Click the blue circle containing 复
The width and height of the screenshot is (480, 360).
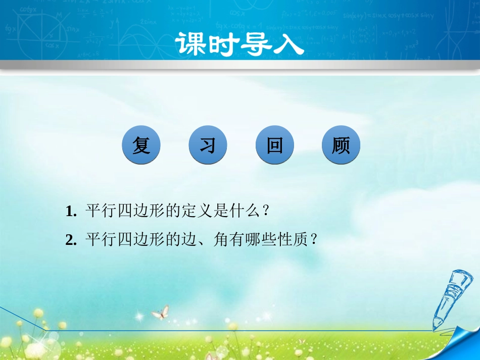141,145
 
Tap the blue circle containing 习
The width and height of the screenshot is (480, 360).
208,145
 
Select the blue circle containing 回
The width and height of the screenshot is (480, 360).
274,145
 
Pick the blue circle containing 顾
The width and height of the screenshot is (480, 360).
341,145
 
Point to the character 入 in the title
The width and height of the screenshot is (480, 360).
289,45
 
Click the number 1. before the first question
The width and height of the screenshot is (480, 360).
71,212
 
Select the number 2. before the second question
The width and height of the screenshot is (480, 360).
71,240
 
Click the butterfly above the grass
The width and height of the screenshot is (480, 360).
160,312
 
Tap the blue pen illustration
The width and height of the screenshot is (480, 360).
451,298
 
